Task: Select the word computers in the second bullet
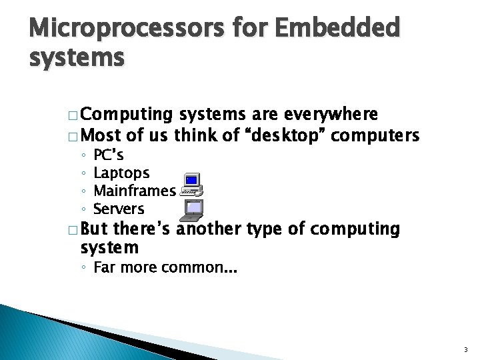pyautogui.click(x=375, y=136)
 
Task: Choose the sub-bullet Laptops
pyautogui.click(x=121, y=174)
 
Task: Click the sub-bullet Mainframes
pyautogui.click(x=134, y=191)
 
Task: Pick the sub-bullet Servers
pyautogui.click(x=119, y=209)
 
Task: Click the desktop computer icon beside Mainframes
pyautogui.click(x=192, y=183)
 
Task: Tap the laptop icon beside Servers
pyautogui.click(x=193, y=210)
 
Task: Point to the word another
pyautogui.click(x=211, y=230)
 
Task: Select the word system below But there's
pyautogui.click(x=109, y=248)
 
